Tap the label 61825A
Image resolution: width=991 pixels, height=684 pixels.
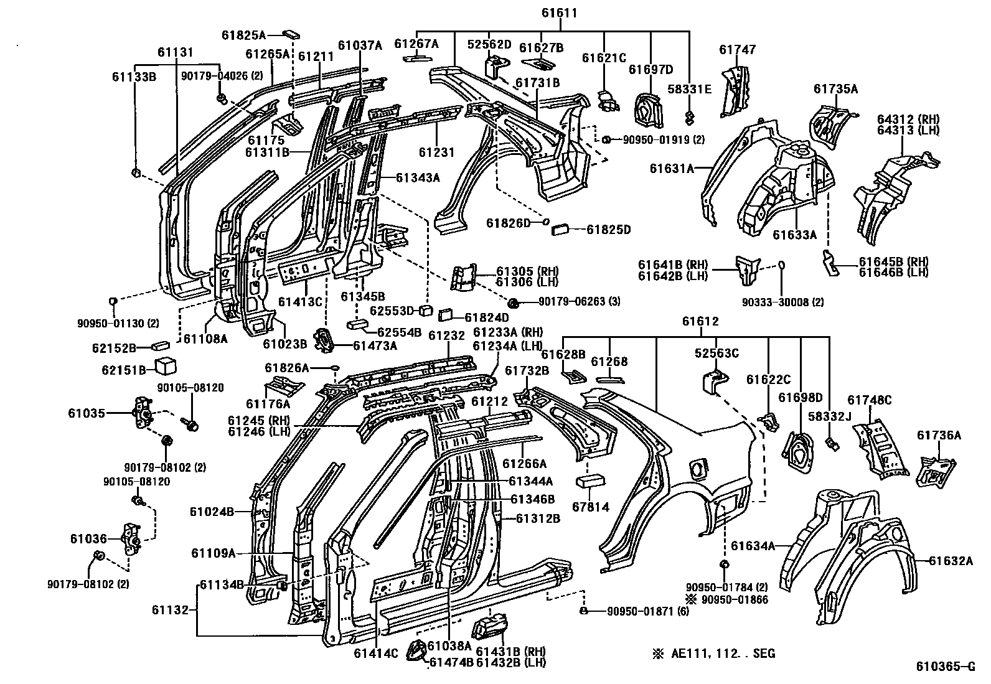[243, 35]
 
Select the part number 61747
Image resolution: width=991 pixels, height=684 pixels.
[737, 50]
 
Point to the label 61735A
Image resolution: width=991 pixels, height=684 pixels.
[835, 89]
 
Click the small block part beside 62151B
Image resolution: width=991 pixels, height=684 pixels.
[165, 365]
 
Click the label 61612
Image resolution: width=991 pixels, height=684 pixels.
[700, 322]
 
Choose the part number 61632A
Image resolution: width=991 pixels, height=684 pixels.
[951, 560]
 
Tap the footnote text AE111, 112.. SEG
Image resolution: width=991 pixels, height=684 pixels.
[723, 654]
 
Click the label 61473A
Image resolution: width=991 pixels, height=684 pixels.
[375, 345]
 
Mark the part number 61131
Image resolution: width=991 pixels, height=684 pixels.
[175, 52]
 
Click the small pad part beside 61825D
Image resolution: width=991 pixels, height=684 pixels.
[562, 230]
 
